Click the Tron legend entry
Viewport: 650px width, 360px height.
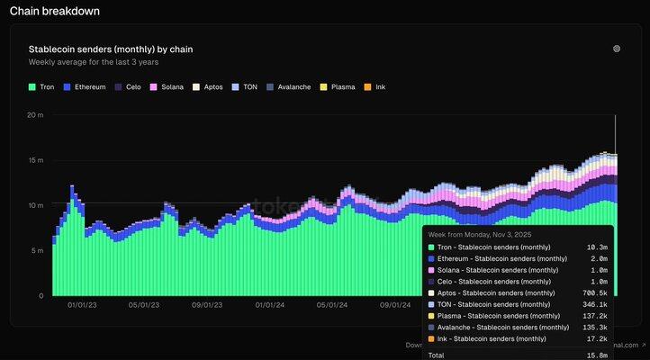[41, 87]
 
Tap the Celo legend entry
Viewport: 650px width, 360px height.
[129, 87]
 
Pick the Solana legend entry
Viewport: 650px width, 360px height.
[167, 87]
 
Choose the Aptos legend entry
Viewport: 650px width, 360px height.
[209, 87]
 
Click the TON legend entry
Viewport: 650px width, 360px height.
[246, 87]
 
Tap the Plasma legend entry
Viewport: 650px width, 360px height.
[339, 87]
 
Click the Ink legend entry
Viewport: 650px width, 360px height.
[376, 87]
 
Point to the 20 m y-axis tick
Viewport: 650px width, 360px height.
[35, 115]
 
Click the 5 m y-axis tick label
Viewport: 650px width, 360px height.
[37, 250]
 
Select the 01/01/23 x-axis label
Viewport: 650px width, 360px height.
[82, 305]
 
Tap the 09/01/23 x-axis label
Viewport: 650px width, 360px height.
[207, 305]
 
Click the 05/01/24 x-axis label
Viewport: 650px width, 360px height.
[331, 305]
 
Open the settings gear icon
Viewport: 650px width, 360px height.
[617, 49]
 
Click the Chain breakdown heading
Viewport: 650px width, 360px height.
[55, 12]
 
